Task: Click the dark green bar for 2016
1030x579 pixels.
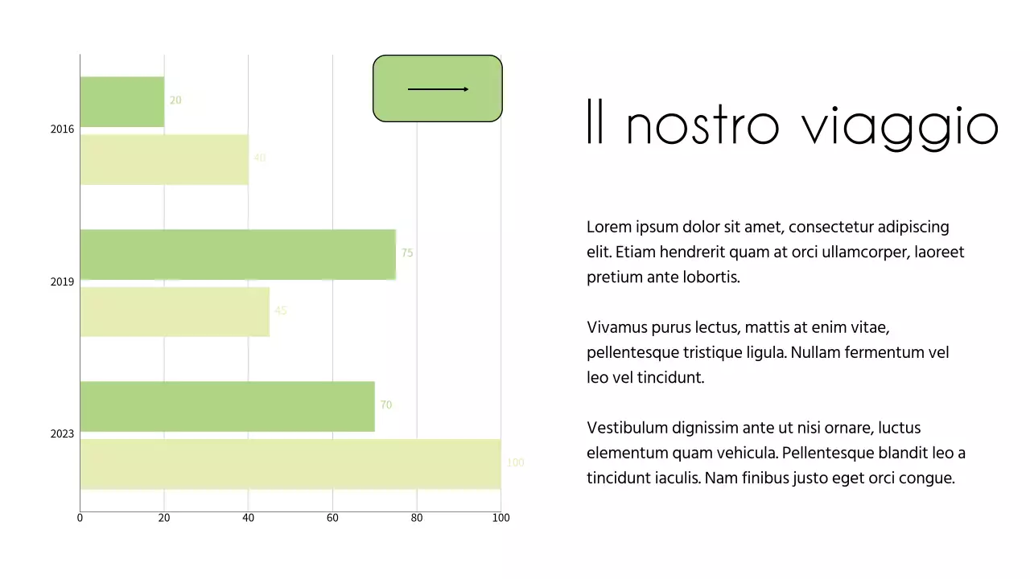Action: click(122, 101)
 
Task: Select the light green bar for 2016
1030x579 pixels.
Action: click(164, 159)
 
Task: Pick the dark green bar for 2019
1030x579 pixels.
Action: click(237, 254)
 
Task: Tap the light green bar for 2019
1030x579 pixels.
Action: click(175, 311)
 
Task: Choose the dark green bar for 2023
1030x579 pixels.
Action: click(227, 406)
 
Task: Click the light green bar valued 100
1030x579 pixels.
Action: click(290, 464)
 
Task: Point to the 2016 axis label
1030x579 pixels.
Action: click(62, 129)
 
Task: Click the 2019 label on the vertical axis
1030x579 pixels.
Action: click(62, 282)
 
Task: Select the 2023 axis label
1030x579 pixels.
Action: click(62, 434)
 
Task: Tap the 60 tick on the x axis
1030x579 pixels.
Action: click(332, 518)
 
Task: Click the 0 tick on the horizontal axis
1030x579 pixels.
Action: click(80, 518)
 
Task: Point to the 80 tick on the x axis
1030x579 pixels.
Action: click(417, 518)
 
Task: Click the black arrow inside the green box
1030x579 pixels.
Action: click(438, 89)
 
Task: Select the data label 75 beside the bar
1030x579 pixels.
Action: click(407, 253)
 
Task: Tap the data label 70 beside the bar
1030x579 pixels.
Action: click(386, 405)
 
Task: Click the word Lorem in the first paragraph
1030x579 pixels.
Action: click(608, 227)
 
